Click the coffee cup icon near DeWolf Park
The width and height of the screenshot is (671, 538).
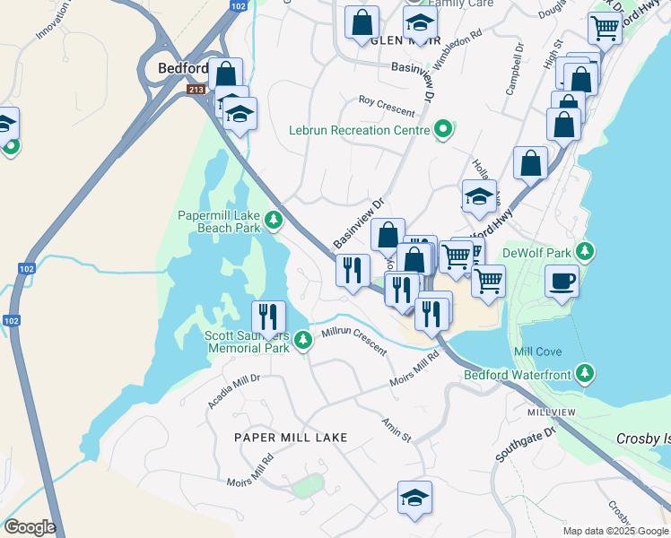(562, 282)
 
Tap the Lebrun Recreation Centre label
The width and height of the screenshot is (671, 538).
(359, 130)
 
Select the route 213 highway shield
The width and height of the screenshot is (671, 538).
(196, 90)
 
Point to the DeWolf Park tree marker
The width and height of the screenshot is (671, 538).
(586, 250)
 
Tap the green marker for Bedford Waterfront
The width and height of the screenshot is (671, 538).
(586, 371)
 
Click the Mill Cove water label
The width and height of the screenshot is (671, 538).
(538, 352)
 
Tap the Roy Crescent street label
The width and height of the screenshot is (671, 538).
(387, 106)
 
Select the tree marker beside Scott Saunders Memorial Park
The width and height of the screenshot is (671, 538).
(303, 340)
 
